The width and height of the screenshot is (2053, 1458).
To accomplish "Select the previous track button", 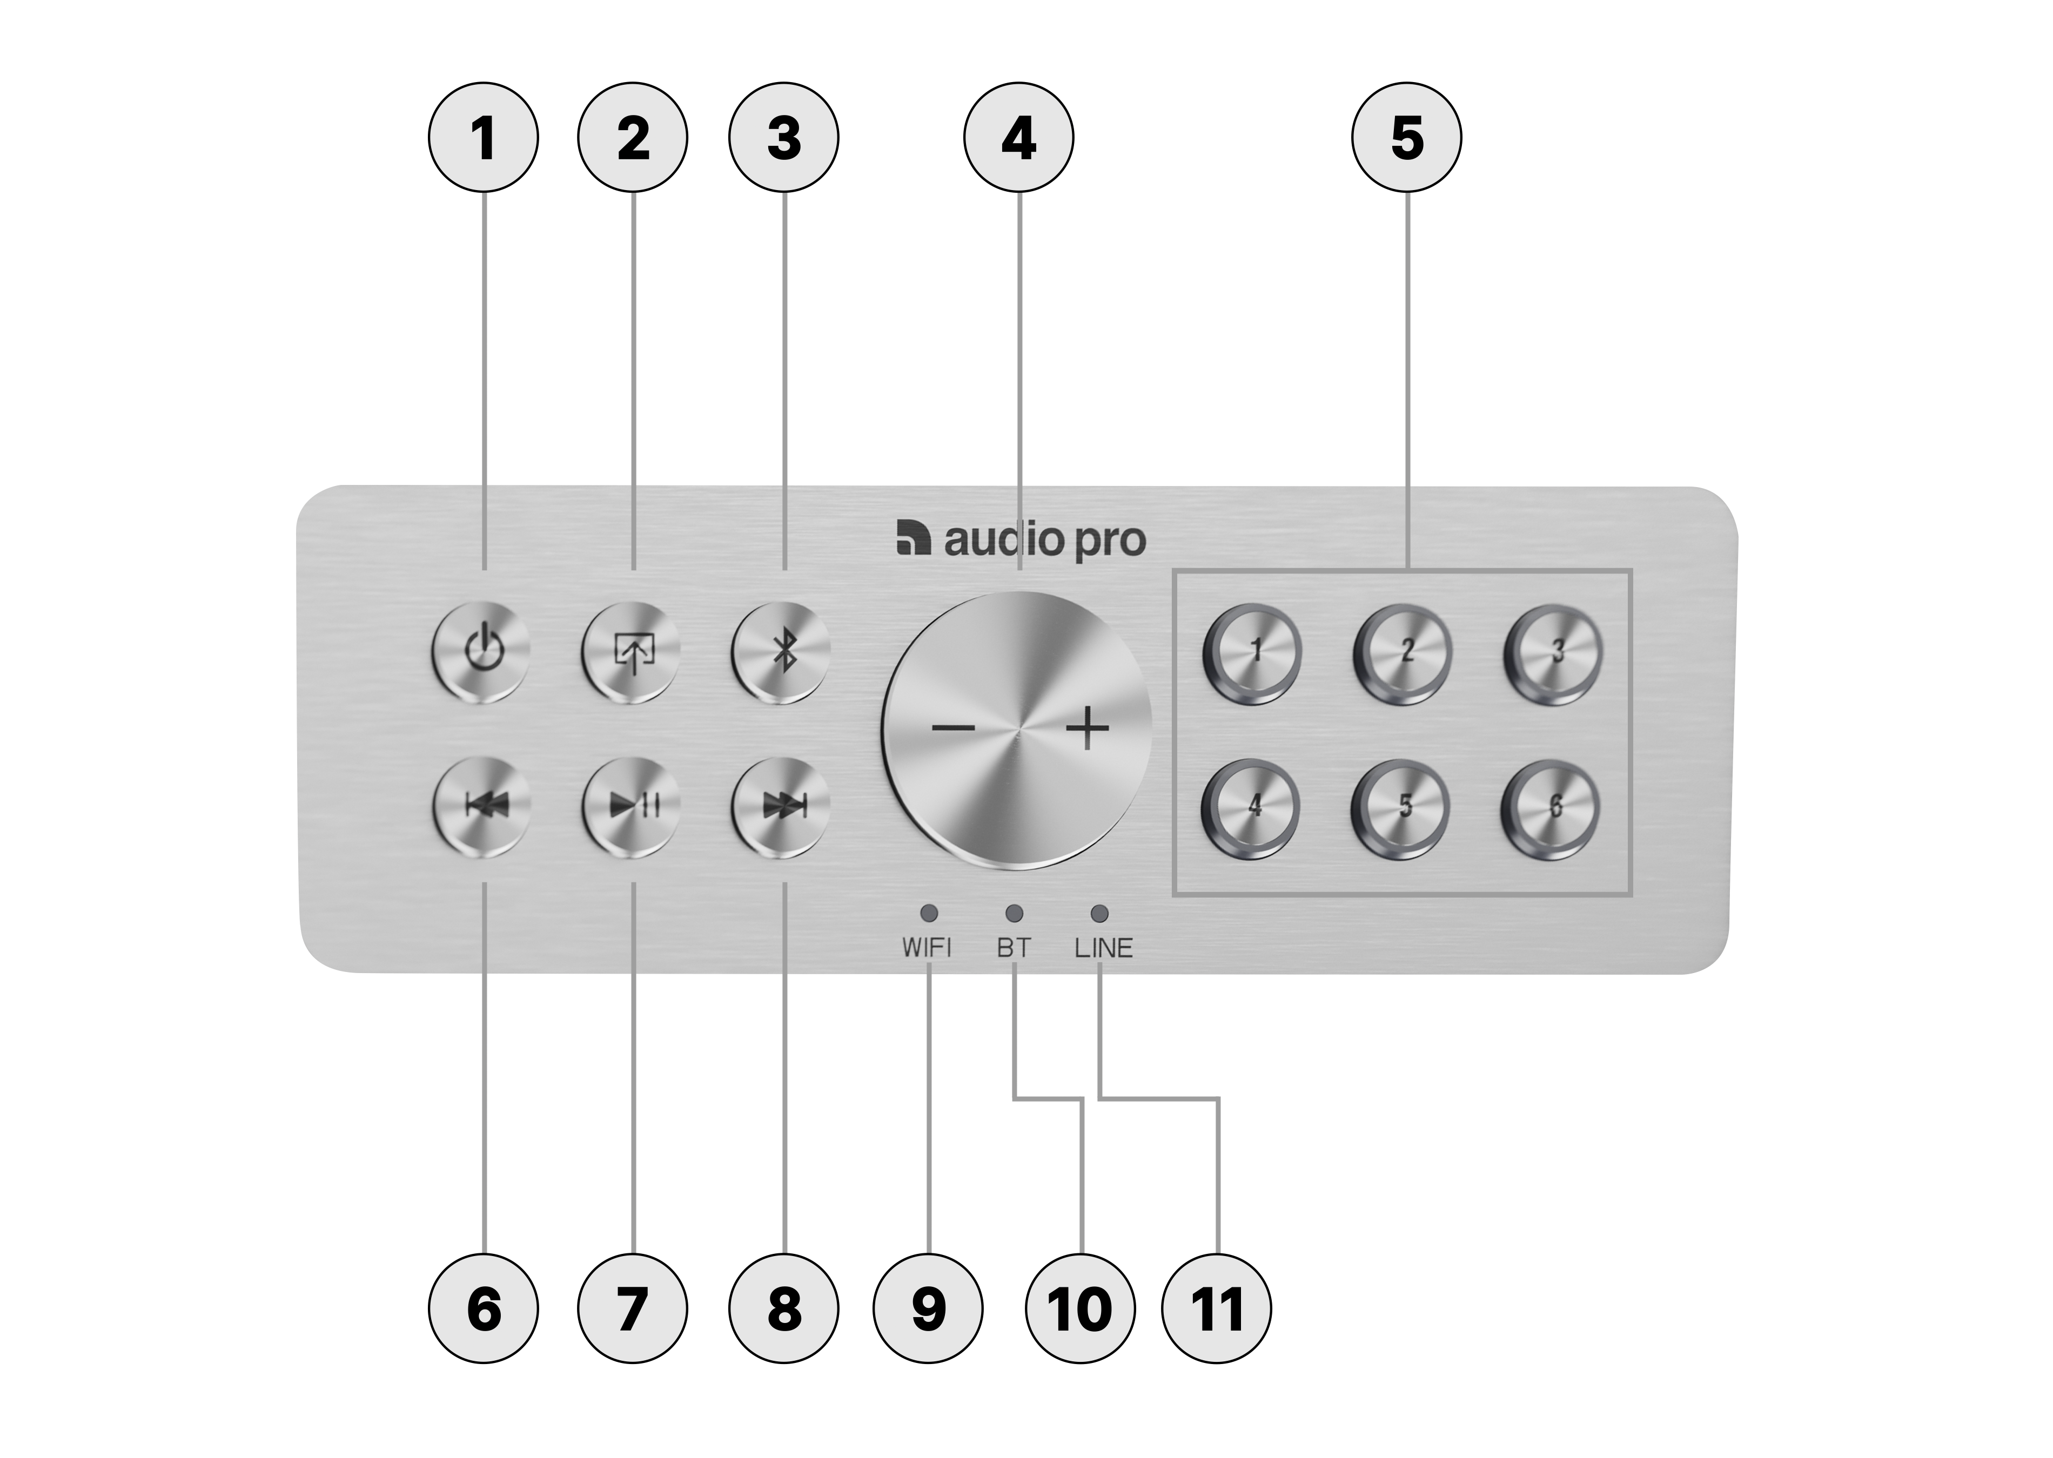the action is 483,805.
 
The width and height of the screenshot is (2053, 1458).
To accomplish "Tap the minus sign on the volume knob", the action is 953,727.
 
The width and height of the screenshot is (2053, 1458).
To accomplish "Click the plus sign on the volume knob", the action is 1088,727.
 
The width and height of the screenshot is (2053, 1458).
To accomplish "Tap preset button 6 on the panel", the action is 1553,805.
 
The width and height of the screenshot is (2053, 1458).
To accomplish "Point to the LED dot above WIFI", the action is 929,913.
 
